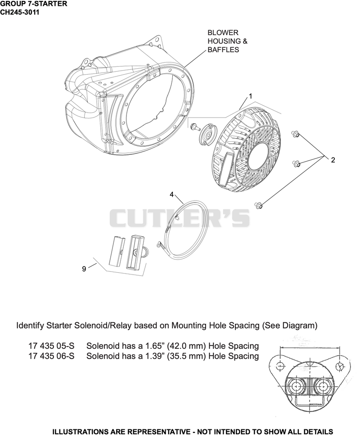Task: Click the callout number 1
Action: (250, 96)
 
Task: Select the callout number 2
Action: (333, 160)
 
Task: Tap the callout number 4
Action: (171, 194)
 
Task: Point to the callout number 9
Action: (84, 269)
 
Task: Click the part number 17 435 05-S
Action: (52, 346)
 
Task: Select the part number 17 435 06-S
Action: (52, 356)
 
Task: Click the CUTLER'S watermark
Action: (180, 218)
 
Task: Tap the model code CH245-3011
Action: (19, 12)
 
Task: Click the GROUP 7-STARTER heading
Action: (33, 4)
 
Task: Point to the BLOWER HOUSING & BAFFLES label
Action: (227, 41)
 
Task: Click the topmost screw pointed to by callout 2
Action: (295, 134)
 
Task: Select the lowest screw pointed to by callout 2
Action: (258, 206)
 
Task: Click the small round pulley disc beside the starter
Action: (208, 134)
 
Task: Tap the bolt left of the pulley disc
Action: (195, 128)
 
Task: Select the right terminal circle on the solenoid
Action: (323, 387)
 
